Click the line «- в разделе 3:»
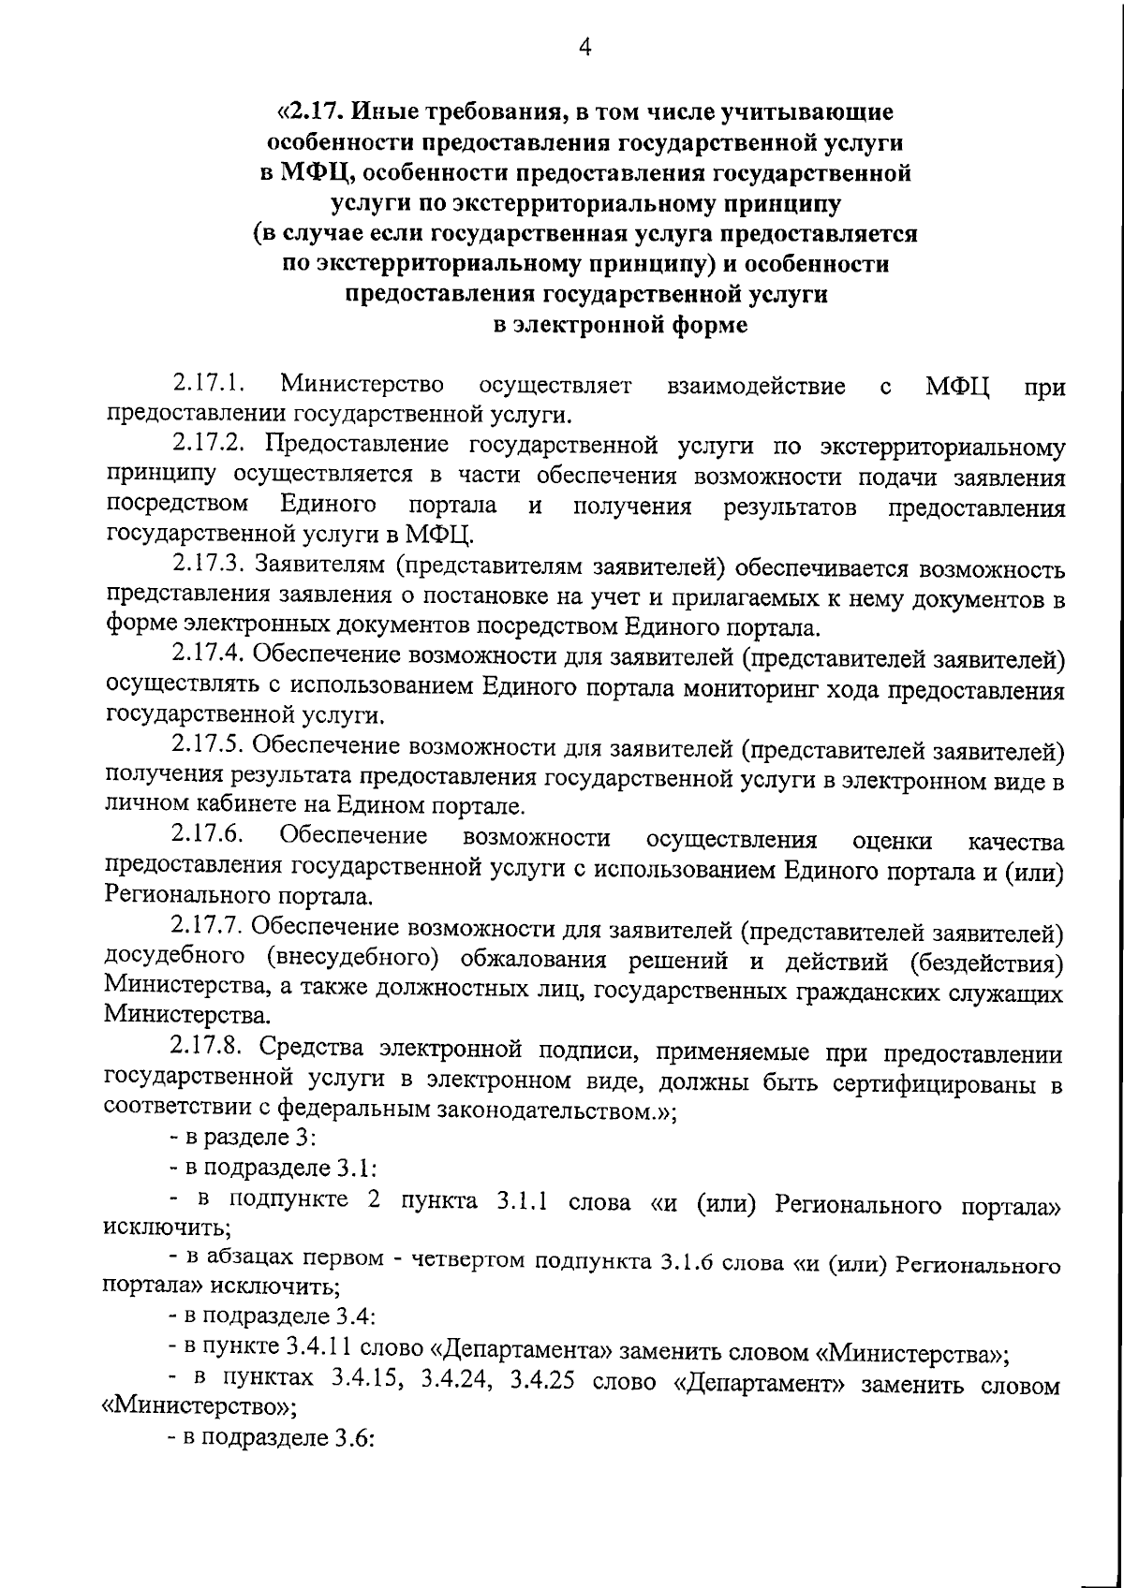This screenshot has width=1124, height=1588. pos(242,1139)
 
